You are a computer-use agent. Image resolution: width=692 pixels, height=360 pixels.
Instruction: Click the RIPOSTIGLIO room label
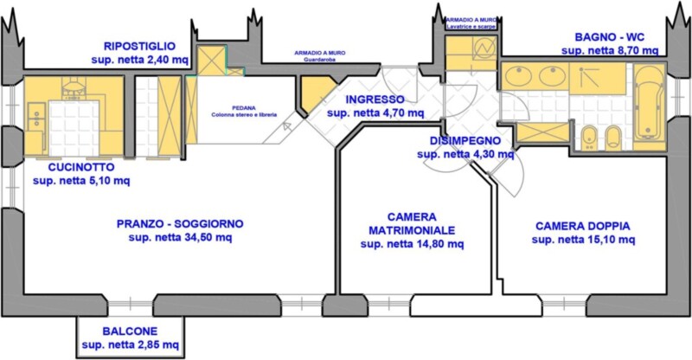pos(139,46)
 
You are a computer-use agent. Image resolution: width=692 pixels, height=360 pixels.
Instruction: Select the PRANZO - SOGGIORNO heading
pos(180,224)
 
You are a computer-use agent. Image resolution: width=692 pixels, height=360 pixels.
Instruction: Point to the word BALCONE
pos(130,331)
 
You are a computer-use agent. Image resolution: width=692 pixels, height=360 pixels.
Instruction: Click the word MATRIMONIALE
pos(412,230)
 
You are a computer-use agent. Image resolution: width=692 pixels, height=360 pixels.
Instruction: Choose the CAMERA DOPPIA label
pos(583,226)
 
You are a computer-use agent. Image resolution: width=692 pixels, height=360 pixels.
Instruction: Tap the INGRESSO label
pos(375,100)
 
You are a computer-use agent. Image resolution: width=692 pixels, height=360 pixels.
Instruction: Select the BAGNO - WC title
pos(610,37)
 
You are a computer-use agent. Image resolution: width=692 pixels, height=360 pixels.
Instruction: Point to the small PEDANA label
pos(244,108)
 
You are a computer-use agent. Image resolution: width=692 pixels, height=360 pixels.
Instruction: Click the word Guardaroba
pos(320,59)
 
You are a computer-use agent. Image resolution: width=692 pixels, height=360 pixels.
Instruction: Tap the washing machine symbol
pos(484,48)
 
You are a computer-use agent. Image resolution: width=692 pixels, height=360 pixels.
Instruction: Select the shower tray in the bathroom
pos(597,79)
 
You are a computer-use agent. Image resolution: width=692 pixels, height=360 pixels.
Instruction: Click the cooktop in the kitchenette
pos(74,86)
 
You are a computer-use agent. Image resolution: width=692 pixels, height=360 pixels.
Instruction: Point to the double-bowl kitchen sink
pos(36,117)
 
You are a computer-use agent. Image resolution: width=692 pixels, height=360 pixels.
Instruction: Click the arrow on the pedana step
pos(287,126)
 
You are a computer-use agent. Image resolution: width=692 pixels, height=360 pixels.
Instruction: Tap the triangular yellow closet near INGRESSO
pos(315,91)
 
